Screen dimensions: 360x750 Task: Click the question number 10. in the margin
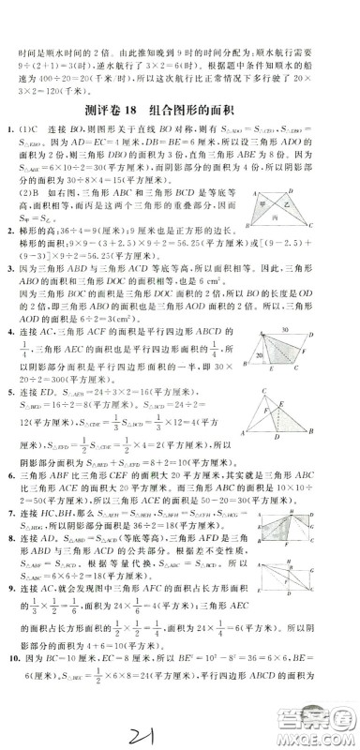pyautogui.click(x=10, y=683)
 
